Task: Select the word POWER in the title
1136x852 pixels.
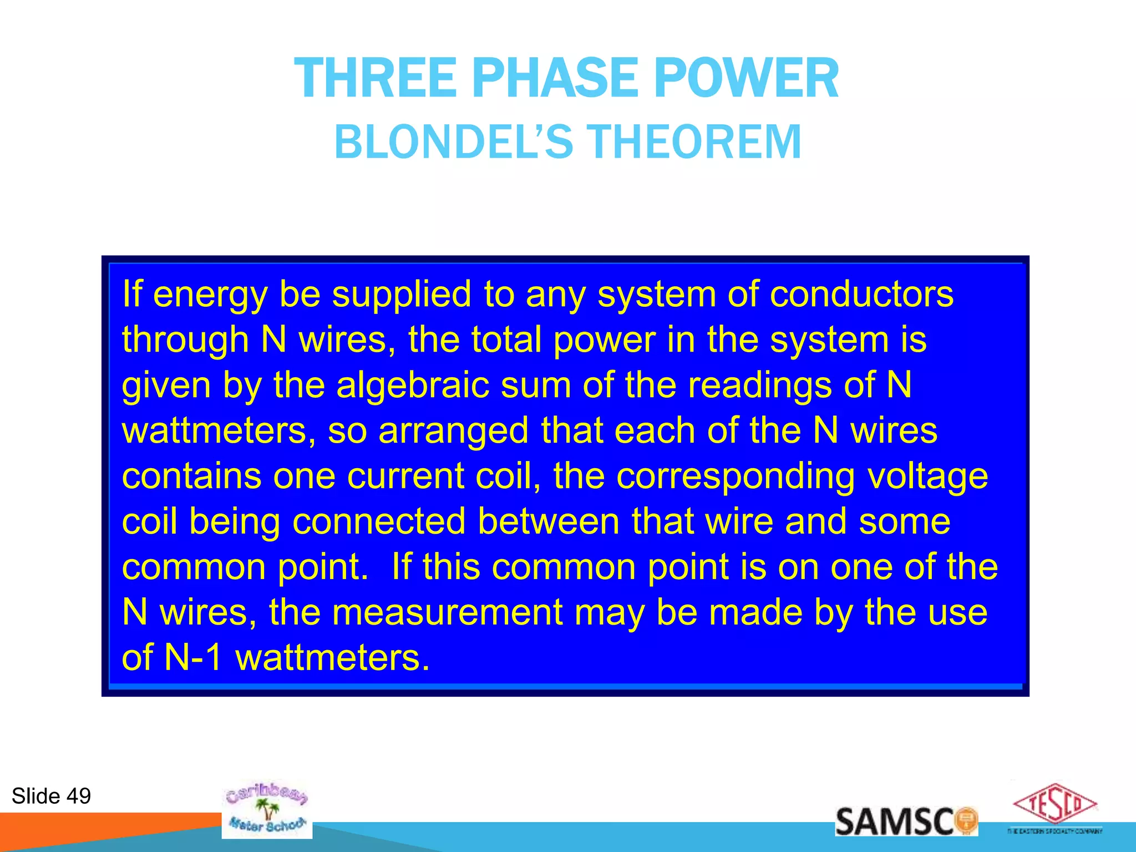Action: click(746, 79)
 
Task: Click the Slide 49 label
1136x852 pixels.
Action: click(51, 796)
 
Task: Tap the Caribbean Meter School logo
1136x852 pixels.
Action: click(267, 809)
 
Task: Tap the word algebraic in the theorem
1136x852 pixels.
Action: click(413, 385)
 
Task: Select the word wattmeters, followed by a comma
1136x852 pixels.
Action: click(219, 430)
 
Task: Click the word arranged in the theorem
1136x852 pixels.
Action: click(453, 432)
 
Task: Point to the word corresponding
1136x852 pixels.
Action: click(736, 477)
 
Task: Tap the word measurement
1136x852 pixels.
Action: click(448, 612)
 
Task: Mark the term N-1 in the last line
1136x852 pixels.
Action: click(194, 658)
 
